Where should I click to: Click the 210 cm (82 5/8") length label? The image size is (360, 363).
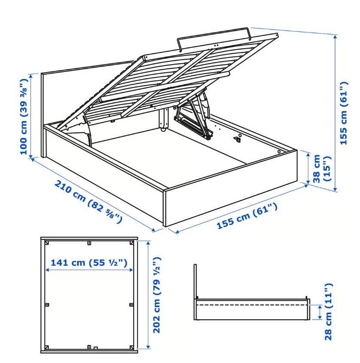[x=88, y=199]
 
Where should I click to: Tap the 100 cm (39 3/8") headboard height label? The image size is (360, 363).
[x=24, y=117]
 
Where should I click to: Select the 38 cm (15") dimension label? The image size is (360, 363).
[x=322, y=169]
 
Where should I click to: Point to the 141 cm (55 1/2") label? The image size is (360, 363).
[x=89, y=263]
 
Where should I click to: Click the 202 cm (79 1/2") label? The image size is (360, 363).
[x=156, y=295]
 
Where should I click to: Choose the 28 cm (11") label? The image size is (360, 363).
[x=328, y=312]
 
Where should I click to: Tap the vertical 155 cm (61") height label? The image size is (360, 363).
[x=343, y=113]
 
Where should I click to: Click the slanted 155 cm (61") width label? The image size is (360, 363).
[x=247, y=216]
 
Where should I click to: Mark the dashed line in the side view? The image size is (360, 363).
[x=252, y=305]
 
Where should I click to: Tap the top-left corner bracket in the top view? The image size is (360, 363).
[x=47, y=243]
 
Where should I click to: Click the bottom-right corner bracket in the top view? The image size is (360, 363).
[x=131, y=347]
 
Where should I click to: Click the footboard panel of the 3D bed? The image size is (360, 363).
[x=230, y=189]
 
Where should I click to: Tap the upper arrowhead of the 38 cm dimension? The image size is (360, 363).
[x=308, y=154]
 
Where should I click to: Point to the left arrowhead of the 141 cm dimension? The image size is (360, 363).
[x=47, y=270]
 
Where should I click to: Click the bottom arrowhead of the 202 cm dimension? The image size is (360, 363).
[x=148, y=347]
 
